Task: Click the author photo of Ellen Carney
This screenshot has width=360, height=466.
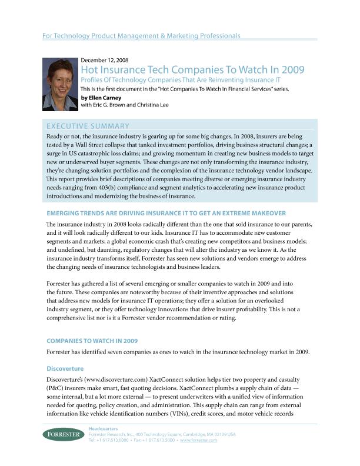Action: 60,84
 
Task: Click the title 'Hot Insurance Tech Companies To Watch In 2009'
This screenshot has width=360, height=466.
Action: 192,71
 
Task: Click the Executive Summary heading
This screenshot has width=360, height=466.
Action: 88,126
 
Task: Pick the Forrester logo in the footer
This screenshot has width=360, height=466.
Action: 62,434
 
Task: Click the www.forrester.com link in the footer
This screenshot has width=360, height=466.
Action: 199,440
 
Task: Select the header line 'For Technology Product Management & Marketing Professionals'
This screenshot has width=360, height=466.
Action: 142,36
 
